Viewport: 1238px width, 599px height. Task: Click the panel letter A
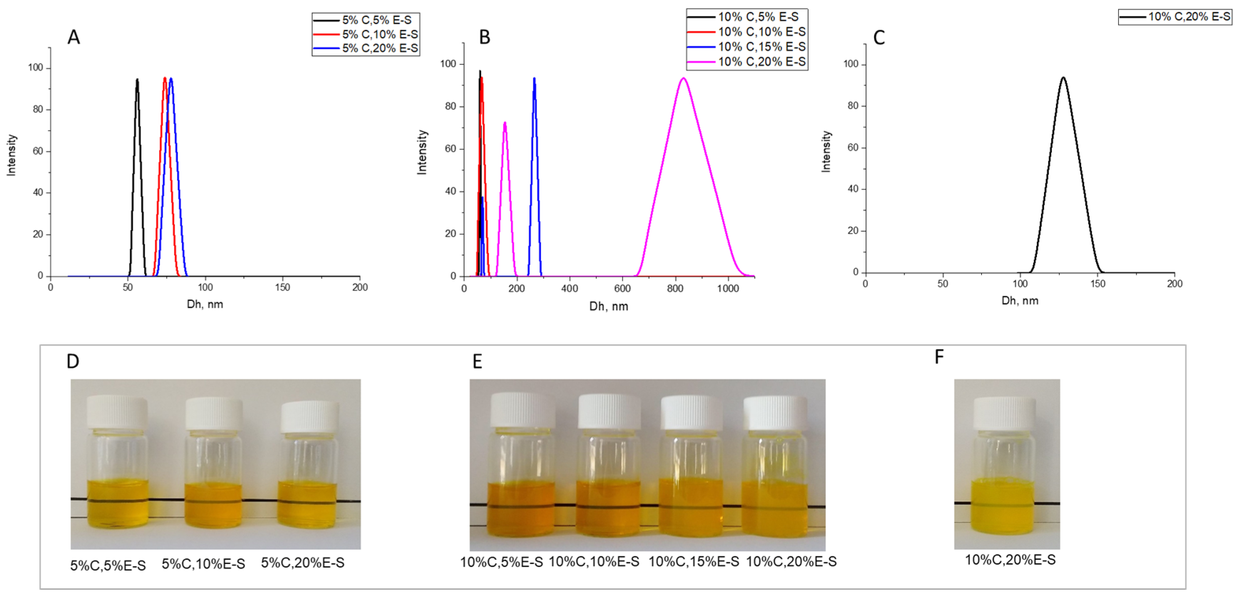pos(73,37)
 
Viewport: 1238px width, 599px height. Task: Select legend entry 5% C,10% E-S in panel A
pos(379,34)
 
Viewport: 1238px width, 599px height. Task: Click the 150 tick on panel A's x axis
pos(282,287)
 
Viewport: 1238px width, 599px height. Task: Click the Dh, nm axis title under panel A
pos(205,304)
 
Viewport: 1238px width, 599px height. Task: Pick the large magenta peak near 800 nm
pos(683,79)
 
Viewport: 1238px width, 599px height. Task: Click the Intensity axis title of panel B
pos(422,152)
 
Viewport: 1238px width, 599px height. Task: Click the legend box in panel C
pos(1175,17)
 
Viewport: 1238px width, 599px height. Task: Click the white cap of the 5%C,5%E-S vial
pos(117,412)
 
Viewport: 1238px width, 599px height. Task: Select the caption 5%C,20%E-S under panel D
pos(303,563)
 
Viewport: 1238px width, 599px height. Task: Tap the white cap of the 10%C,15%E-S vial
pos(691,412)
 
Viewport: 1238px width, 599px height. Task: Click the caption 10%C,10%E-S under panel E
pos(594,561)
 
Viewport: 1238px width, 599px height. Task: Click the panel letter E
pos(477,361)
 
